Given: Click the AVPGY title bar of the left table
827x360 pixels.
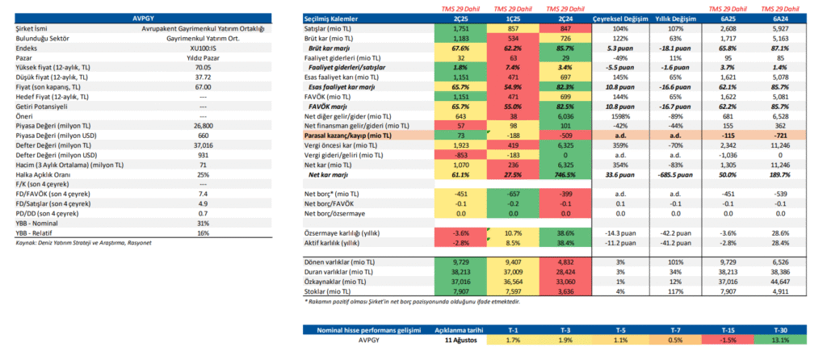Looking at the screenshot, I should pos(146,17).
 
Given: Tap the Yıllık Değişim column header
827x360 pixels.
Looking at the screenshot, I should pos(674,18).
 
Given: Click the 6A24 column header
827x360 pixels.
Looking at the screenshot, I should pos(780,18).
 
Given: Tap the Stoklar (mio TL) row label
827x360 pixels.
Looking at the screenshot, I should pos(329,292).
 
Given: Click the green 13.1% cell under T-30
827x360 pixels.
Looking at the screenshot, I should pos(780,341).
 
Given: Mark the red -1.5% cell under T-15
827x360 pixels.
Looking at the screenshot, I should pos(726,341).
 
